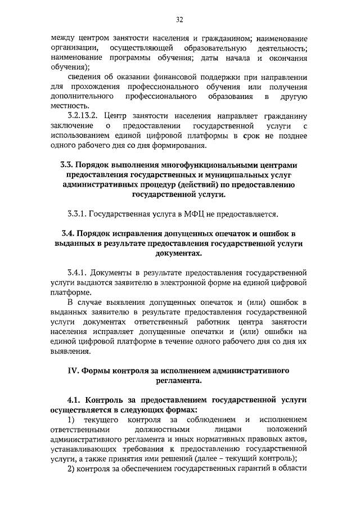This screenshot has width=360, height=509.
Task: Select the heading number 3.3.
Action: click(x=66, y=165)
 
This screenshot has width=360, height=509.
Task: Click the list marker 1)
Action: click(x=71, y=420)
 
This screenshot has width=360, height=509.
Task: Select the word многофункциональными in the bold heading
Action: click(x=215, y=165)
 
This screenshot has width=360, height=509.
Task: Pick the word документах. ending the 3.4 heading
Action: click(x=179, y=254)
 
